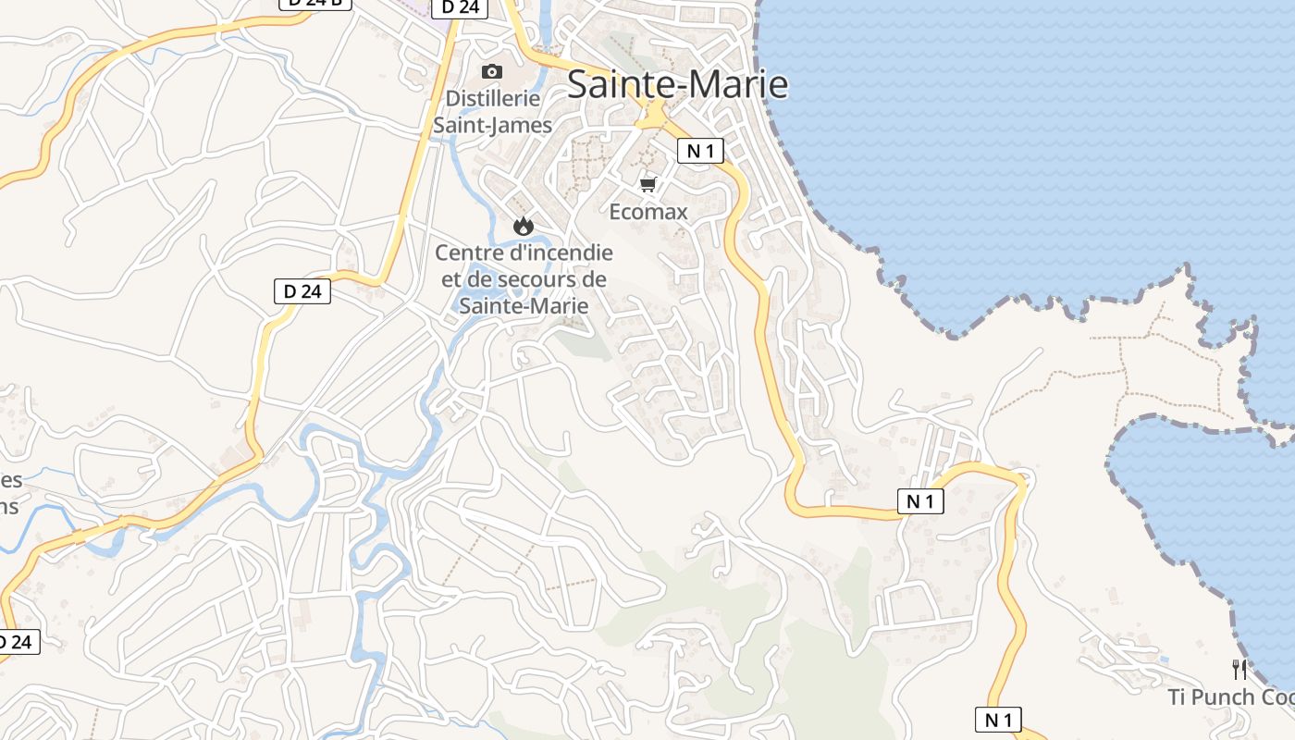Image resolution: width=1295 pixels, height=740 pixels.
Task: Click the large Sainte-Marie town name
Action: pos(677,84)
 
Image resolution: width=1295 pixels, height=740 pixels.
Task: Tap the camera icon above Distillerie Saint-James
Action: pos(492,72)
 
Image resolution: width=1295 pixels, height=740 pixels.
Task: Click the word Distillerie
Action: pos(492,98)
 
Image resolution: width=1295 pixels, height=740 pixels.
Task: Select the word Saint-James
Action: pos(492,125)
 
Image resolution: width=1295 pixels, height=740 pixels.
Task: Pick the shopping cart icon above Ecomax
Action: pos(648,185)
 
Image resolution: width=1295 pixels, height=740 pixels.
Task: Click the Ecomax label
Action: pos(648,212)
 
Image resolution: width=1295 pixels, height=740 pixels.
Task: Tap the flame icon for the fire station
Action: pos(524,225)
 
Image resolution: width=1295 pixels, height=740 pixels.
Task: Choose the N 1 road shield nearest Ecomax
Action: pos(700,151)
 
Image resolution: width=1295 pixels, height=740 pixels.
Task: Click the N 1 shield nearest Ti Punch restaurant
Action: pos(998,719)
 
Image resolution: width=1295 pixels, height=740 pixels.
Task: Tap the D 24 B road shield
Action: pos(315,4)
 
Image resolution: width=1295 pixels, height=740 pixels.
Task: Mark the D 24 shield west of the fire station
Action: pos(302,291)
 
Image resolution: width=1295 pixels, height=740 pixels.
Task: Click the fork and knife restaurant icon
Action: pos(1239,670)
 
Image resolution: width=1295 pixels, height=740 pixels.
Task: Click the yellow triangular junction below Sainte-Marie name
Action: pos(654,117)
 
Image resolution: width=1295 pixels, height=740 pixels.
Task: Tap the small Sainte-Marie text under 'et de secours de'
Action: pos(524,304)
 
